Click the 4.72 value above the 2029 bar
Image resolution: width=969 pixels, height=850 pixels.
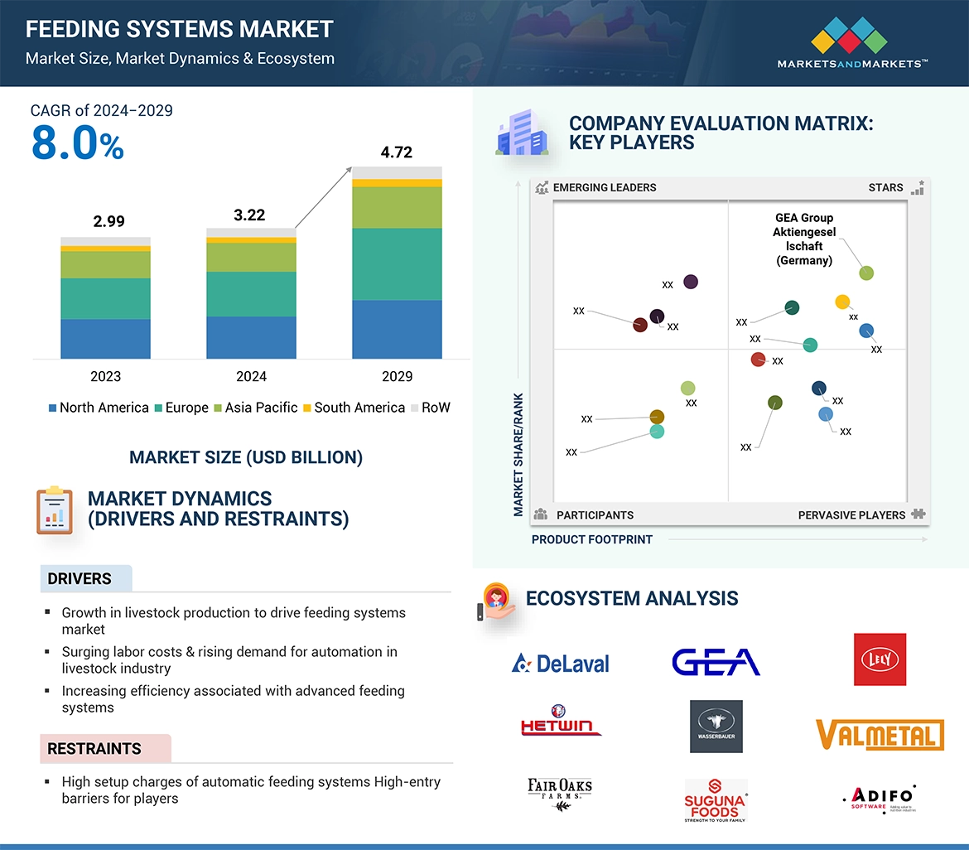(396, 152)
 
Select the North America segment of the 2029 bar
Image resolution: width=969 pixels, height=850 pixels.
(397, 329)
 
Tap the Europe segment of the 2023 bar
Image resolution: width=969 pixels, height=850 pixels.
(105, 298)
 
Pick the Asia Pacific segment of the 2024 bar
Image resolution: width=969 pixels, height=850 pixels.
(251, 258)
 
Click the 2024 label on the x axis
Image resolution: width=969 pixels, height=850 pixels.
(251, 376)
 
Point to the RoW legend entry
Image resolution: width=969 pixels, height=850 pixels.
(431, 408)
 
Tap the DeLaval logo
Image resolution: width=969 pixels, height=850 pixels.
(561, 663)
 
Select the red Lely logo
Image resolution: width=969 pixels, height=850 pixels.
(880, 659)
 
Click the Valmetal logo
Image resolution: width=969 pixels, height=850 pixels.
(880, 735)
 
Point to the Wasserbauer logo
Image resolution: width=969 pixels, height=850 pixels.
(716, 727)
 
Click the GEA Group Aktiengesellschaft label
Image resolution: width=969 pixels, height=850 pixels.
(803, 239)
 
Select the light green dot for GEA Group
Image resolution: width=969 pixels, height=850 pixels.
(866, 273)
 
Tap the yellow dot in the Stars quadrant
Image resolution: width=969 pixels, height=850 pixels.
(842, 302)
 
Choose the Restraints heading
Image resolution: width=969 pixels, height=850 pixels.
(94, 749)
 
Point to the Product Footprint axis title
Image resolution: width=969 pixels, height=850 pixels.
(592, 539)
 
